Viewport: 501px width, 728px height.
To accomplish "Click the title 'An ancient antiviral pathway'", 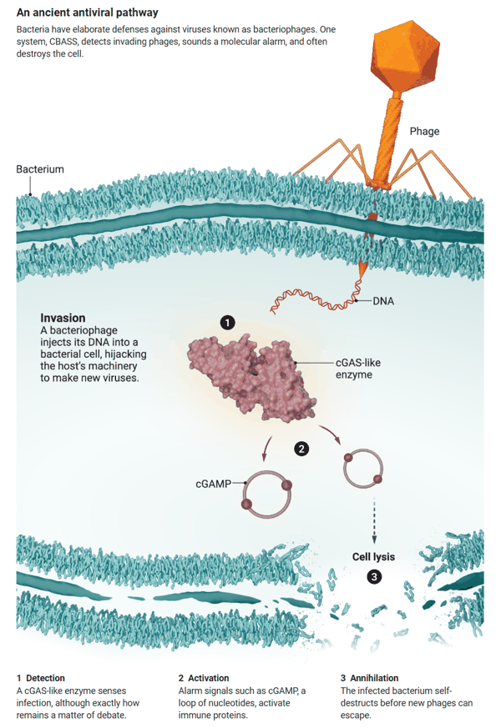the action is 88,13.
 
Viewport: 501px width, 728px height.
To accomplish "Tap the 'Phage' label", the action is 424,132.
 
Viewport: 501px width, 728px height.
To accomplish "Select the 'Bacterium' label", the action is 40,169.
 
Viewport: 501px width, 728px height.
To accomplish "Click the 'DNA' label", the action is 383,301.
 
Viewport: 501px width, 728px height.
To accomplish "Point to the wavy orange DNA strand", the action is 316,296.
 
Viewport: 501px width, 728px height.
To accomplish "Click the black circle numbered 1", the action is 227,322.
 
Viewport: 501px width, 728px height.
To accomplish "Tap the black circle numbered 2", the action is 301,449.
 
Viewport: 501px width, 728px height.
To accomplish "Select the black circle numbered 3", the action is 374,576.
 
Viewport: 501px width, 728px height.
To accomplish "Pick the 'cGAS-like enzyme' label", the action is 358,369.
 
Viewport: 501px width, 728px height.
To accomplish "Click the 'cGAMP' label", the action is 213,484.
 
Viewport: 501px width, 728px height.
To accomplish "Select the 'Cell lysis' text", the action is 373,557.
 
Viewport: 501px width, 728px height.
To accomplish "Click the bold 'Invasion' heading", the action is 63,318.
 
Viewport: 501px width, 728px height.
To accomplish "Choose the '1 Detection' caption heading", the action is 41,678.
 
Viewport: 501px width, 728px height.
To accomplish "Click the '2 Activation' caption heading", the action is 204,678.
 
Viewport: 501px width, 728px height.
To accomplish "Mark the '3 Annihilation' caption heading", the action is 369,678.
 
